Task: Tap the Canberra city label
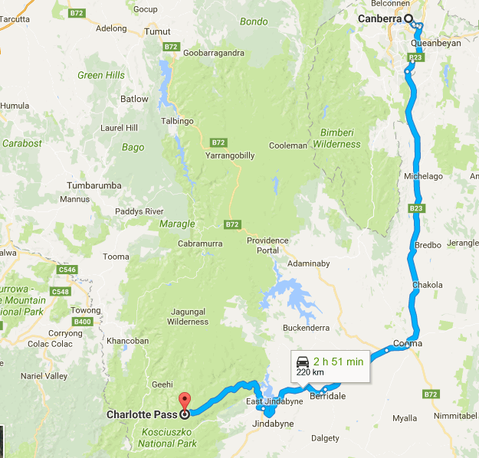pos(381,19)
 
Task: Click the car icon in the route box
pos(302,360)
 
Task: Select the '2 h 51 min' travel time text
pos(338,359)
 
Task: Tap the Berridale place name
pos(327,395)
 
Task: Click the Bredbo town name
pos(427,247)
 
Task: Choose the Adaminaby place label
pos(308,263)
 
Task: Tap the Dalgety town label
pos(326,438)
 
